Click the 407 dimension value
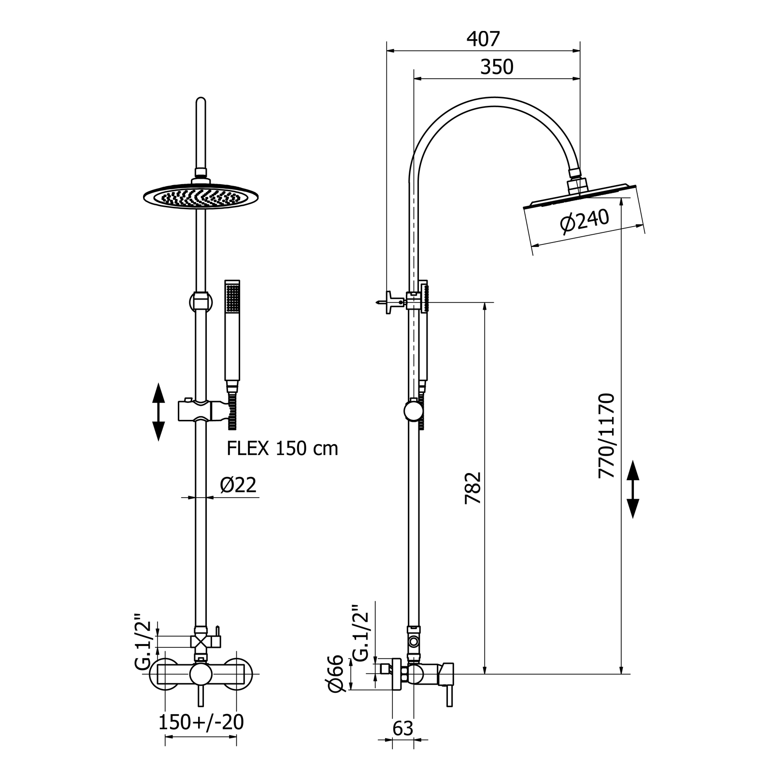click(483, 39)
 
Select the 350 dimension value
click(497, 67)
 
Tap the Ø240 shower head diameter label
click(584, 221)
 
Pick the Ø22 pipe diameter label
click(238, 485)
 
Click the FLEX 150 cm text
click(283, 449)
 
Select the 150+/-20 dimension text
click(201, 722)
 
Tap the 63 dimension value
click(403, 728)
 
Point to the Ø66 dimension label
click(335, 673)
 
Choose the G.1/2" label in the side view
click(361, 632)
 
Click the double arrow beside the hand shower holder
click(158, 412)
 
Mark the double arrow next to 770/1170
click(632, 489)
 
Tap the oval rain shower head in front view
click(201, 196)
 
